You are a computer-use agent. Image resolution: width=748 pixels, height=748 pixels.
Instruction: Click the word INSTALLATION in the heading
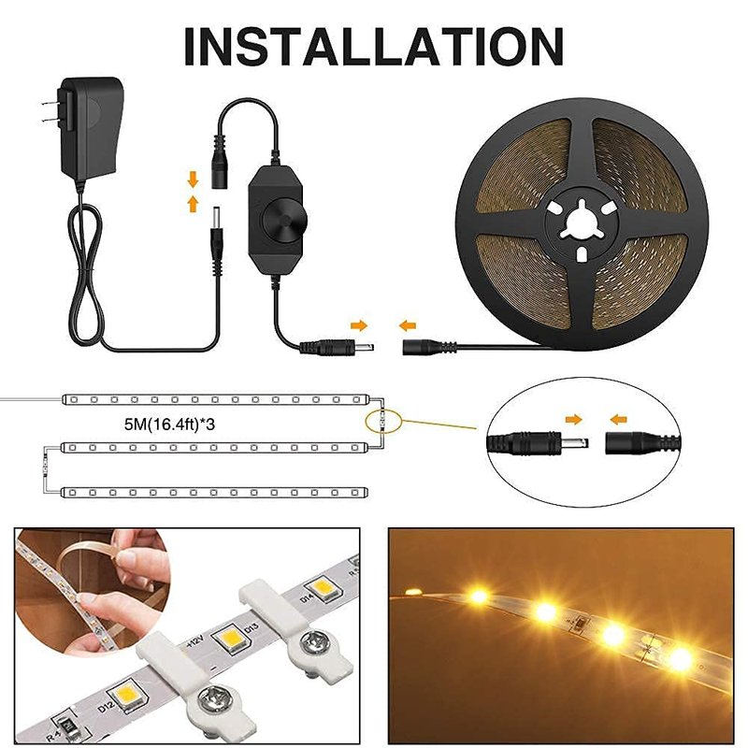[373, 46]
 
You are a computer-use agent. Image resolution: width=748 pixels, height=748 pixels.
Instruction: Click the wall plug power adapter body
[91, 128]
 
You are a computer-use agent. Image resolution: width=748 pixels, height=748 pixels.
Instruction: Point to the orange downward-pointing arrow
[193, 180]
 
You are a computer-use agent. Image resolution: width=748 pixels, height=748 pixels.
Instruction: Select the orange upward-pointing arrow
[193, 204]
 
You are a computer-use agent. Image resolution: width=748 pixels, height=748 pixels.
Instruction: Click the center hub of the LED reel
[582, 223]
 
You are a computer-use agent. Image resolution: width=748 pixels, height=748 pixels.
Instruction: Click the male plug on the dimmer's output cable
[337, 347]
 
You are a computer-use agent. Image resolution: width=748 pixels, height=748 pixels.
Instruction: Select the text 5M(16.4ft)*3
[169, 424]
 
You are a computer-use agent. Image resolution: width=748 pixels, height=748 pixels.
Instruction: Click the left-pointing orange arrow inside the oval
[618, 420]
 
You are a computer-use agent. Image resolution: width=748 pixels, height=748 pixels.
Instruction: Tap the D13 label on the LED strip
[252, 630]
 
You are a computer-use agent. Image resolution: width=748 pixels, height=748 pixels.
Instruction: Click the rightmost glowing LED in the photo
[681, 659]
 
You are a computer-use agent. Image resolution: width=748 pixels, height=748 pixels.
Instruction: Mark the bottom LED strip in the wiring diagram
[215, 493]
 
